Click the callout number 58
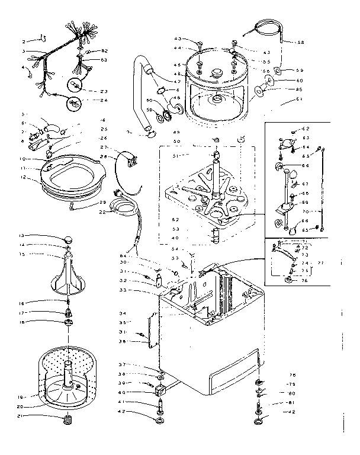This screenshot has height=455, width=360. pyautogui.click(x=301, y=42)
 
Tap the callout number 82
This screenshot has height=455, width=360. pyautogui.click(x=104, y=52)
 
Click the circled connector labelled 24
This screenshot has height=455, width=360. pyautogui.click(x=73, y=103)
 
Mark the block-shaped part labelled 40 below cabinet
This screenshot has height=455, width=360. pyautogui.click(x=160, y=391)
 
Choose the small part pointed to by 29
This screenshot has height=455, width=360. pyautogui.click(x=73, y=206)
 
